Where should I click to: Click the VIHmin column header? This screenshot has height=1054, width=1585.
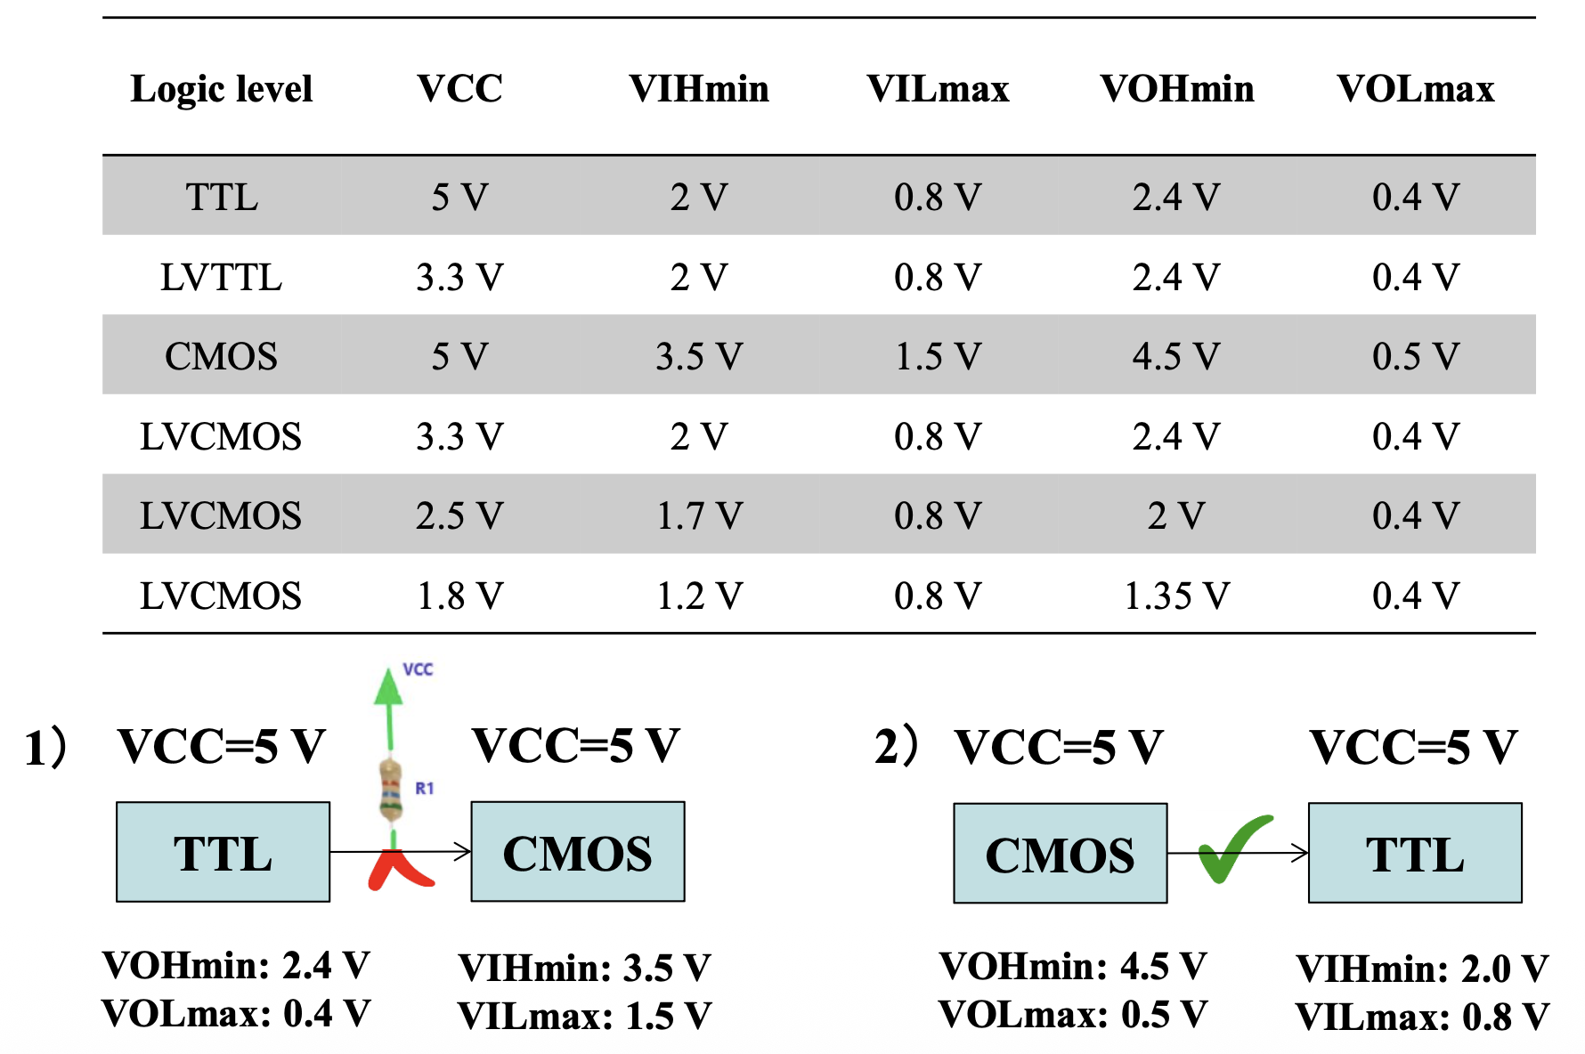point(699,89)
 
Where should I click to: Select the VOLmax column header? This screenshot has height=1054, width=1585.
point(1415,89)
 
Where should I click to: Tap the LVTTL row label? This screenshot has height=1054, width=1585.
point(221,277)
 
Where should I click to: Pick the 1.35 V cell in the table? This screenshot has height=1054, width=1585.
point(1176,596)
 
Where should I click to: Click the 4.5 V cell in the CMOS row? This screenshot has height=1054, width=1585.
point(1176,356)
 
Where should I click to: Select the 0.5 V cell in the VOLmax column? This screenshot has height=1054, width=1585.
point(1415,356)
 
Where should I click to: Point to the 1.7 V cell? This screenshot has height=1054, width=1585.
point(699,515)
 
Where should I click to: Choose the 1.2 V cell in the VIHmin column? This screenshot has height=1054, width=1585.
point(699,596)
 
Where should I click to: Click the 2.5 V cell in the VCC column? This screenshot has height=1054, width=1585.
point(459,515)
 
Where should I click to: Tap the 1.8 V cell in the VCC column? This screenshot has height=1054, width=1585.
point(459,596)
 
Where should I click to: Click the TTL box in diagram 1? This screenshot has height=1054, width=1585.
point(223,852)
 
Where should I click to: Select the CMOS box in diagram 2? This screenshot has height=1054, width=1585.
point(1060,854)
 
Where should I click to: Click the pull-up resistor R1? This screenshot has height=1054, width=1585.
point(390,790)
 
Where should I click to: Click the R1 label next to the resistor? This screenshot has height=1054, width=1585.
point(425,788)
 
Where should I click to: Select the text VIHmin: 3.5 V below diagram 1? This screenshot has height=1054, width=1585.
point(584,968)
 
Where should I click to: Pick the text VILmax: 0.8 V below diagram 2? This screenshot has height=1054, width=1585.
point(1422,1017)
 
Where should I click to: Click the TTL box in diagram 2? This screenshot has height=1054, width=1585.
point(1415,854)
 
